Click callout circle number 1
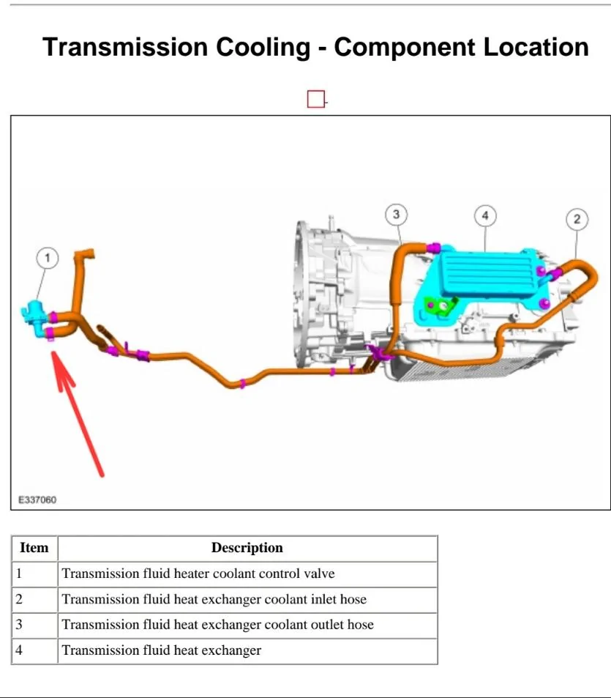point(48,258)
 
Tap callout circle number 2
point(577,219)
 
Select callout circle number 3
point(396,215)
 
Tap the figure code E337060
point(37,500)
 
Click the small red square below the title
point(315,100)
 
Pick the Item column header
point(34,548)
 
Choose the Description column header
point(247,548)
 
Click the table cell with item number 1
point(34,574)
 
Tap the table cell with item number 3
point(34,625)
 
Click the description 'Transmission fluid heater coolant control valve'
point(198,574)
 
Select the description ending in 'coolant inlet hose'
point(214,599)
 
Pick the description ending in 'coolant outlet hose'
point(217,625)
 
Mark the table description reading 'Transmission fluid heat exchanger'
point(161,650)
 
